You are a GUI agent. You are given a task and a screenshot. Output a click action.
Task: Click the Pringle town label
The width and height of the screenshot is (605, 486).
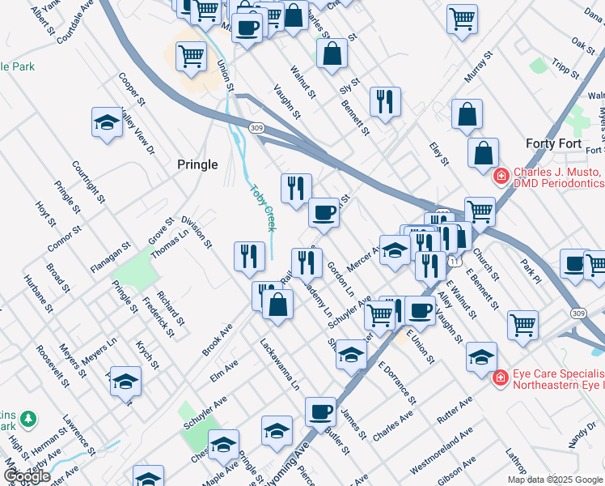tap(197, 164)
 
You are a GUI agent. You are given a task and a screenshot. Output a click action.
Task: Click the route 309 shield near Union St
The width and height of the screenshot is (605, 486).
tap(256, 128)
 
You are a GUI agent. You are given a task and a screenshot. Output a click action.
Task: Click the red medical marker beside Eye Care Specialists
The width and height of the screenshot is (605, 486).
tap(501, 377)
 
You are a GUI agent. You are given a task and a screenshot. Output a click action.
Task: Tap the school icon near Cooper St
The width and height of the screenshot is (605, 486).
tap(106, 122)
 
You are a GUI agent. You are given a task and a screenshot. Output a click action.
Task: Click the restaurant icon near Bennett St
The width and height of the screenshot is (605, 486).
tap(384, 101)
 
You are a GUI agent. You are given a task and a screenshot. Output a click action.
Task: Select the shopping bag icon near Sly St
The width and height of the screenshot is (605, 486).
tap(332, 53)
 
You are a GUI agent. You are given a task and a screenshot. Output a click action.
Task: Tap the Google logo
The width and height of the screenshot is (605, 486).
tap(27, 476)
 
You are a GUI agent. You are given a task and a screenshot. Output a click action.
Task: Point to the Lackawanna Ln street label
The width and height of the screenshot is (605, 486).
tap(280, 364)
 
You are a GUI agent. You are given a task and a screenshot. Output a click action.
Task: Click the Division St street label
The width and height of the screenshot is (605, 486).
tap(197, 232)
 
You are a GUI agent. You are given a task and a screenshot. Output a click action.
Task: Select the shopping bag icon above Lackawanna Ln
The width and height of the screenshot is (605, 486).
tap(277, 305)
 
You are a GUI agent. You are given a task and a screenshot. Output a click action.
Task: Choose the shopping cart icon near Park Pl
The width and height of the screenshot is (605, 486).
tap(523, 324)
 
